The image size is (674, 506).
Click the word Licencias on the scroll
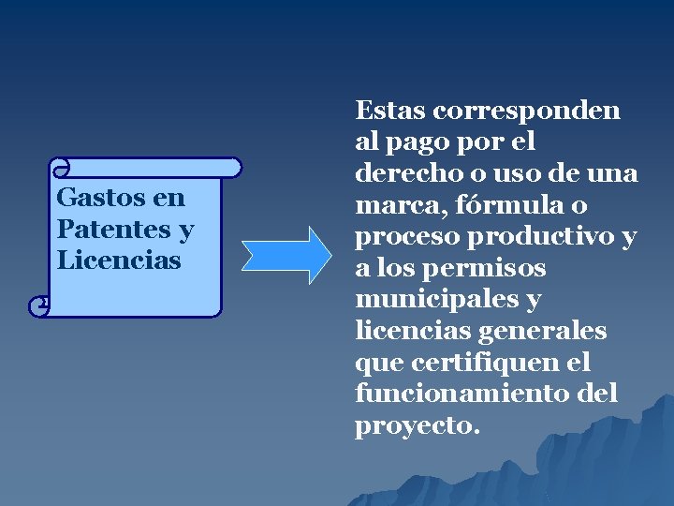[x=119, y=260]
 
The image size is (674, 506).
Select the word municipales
[x=435, y=300]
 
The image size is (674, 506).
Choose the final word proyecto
[x=416, y=426]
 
